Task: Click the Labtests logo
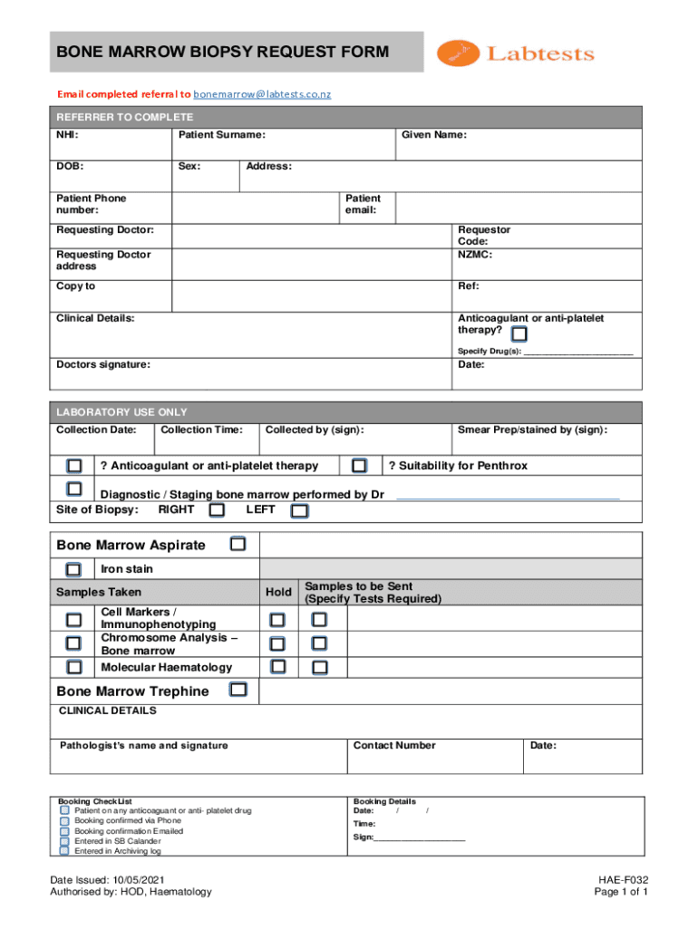[516, 53]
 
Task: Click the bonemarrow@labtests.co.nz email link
[268, 94]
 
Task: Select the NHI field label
[67, 135]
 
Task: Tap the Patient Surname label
[221, 135]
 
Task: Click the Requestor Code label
[484, 236]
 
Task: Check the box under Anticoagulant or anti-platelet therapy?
[519, 334]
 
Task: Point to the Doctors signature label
[103, 364]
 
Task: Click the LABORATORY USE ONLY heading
[121, 412]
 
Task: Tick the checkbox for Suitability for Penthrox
[360, 466]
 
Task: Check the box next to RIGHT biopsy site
[217, 510]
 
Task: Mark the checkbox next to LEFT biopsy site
[299, 511]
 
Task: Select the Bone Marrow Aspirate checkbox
[238, 545]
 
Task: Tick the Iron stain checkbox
[73, 569]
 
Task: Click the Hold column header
[278, 593]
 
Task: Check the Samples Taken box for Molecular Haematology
[73, 668]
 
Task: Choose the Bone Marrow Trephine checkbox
[238, 691]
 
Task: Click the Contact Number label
[394, 746]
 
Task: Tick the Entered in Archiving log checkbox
[64, 851]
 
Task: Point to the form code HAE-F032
[623, 879]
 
